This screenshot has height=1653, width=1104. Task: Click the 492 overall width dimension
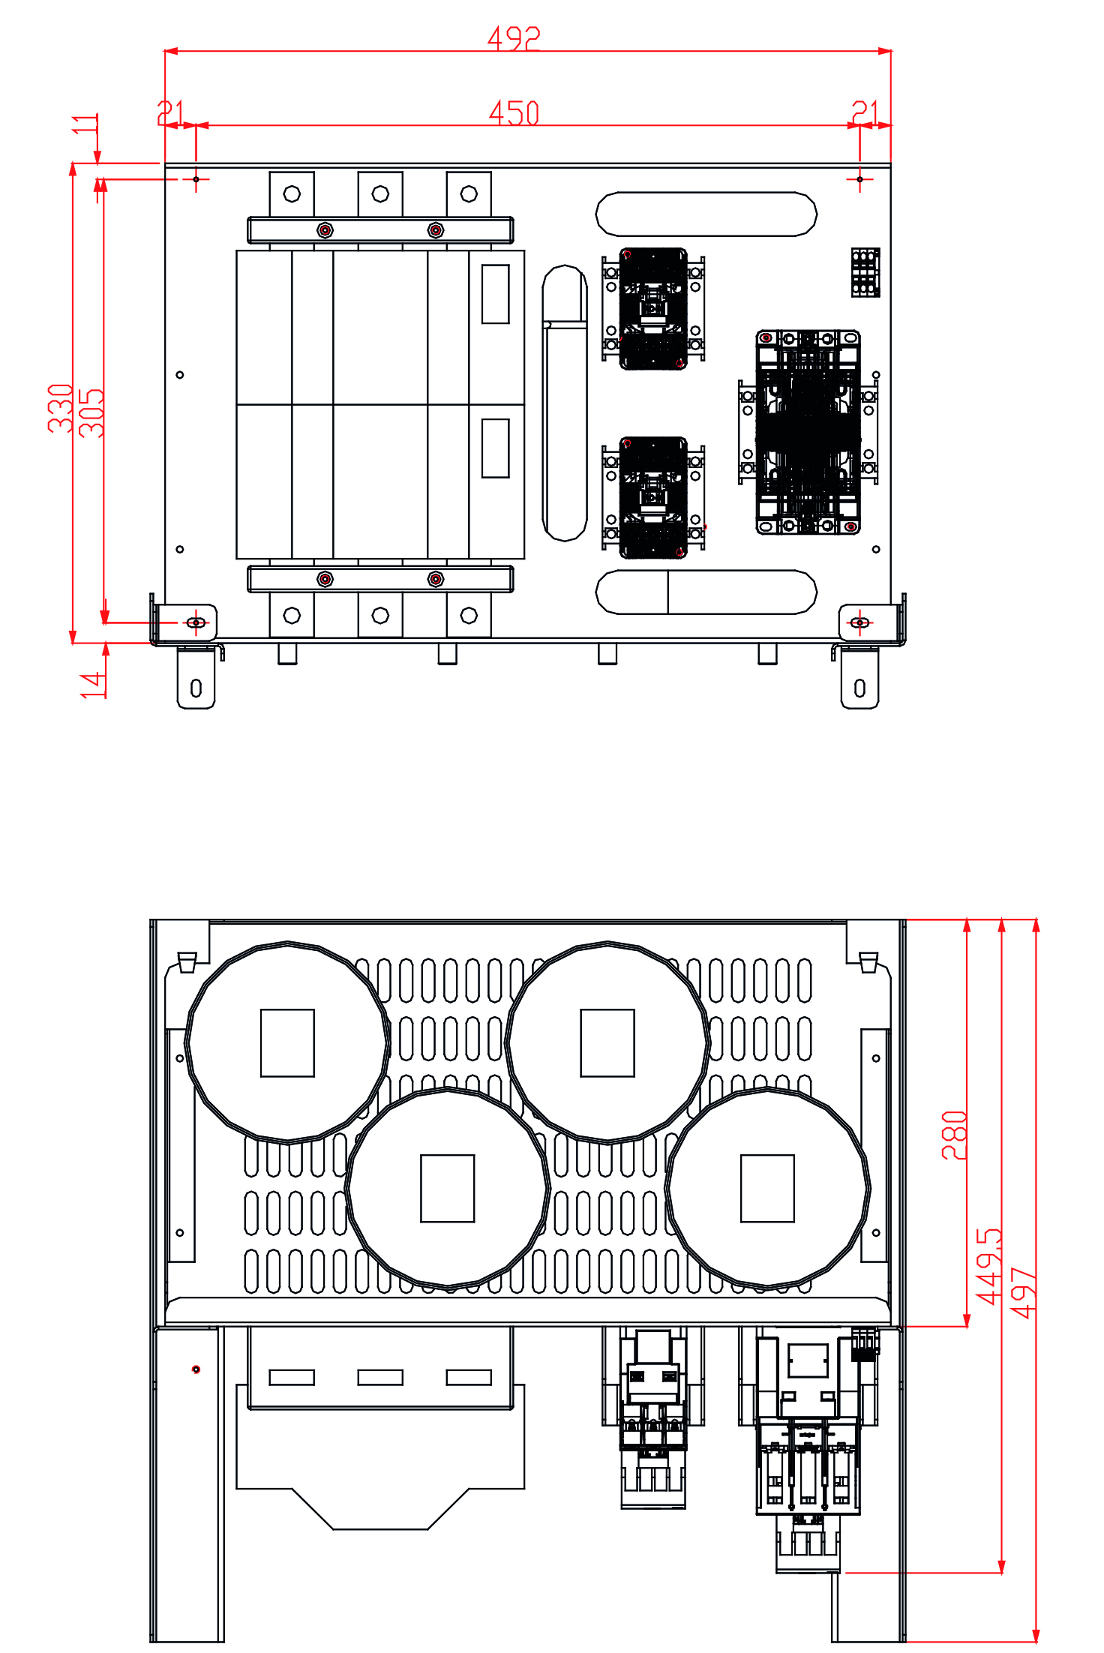point(514,38)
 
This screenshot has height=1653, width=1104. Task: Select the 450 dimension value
point(514,113)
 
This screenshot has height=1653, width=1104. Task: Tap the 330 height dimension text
point(61,408)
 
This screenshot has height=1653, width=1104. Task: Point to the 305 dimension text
point(91,412)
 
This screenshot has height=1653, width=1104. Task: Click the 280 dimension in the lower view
point(954,1135)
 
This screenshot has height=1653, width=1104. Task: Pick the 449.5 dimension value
point(988,1266)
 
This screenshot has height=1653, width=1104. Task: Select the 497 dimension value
point(1023,1293)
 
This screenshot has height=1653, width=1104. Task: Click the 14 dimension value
point(93,685)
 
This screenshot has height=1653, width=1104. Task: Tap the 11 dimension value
point(85,124)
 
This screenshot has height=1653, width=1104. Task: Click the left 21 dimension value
point(170,112)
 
